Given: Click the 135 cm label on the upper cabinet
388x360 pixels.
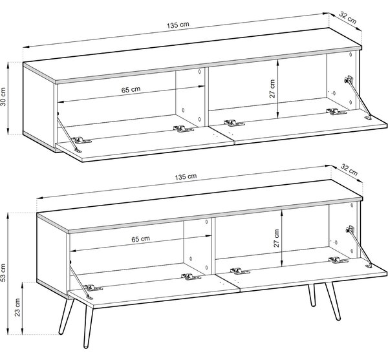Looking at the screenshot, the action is [x=178, y=25].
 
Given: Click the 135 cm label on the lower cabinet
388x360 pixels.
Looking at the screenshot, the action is [x=186, y=176].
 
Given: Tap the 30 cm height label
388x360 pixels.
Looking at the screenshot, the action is [x=3, y=97].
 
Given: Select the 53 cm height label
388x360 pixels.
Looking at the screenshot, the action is [x=3, y=273].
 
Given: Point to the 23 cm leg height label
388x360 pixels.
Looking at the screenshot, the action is [x=17, y=308].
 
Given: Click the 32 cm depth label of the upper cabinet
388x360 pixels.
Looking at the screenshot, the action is [x=348, y=18].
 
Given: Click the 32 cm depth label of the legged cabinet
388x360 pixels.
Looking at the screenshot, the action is [x=349, y=169].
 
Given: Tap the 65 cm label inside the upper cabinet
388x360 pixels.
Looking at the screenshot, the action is [x=131, y=89].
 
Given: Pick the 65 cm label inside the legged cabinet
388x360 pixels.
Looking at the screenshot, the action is [x=140, y=239].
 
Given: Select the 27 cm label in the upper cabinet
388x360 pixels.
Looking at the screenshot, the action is [x=272, y=89].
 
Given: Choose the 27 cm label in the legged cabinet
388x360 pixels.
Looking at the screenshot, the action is [x=276, y=238].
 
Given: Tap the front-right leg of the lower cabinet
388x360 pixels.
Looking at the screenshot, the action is [x=333, y=301].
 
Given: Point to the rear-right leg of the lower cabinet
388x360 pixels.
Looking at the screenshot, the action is [x=312, y=295].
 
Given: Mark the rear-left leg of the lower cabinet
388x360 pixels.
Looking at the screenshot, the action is [x=67, y=317].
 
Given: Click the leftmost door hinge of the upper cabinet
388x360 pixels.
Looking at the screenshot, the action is [x=81, y=141].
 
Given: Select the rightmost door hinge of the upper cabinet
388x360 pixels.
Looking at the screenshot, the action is [x=336, y=112].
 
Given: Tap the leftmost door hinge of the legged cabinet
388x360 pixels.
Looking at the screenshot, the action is [x=93, y=288].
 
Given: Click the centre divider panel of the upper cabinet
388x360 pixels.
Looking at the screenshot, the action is [x=207, y=97].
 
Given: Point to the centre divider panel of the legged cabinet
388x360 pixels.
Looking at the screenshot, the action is [x=213, y=246].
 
